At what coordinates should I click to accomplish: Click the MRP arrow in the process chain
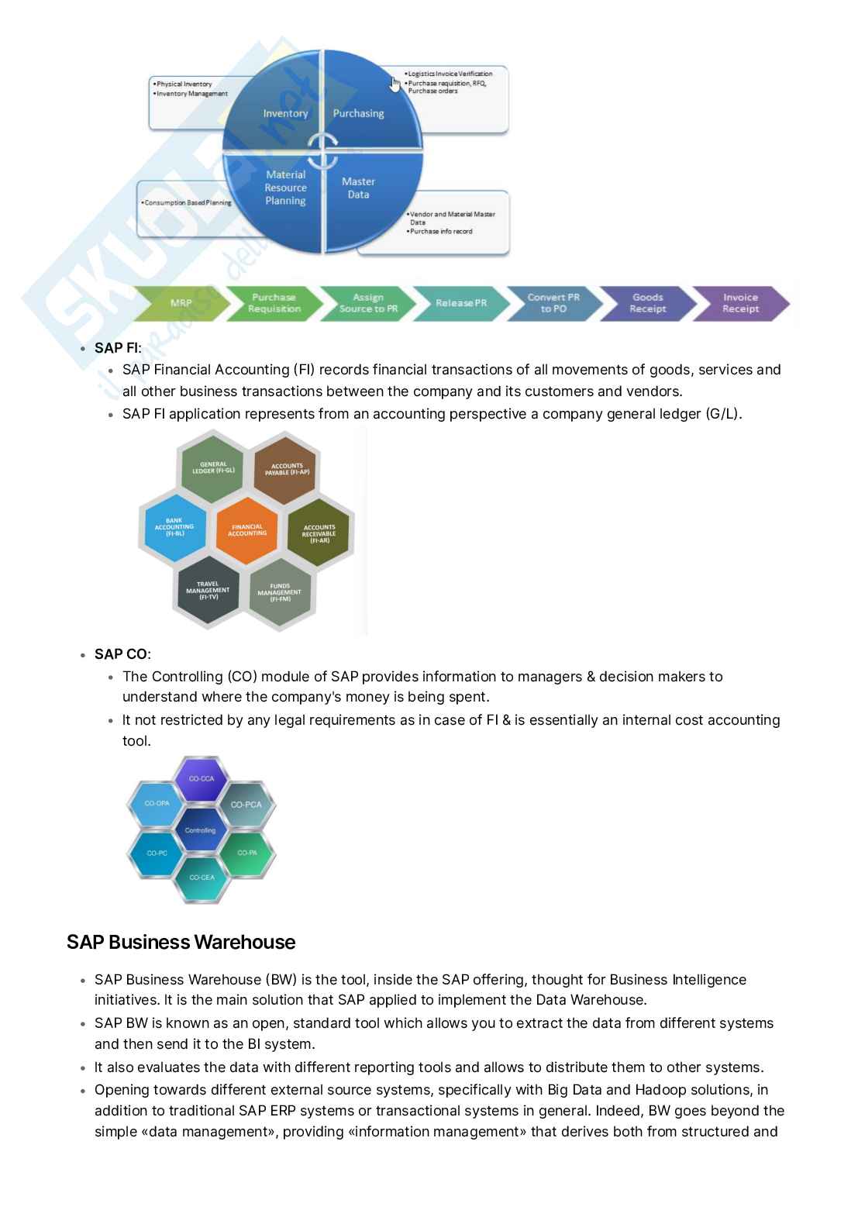pos(181,303)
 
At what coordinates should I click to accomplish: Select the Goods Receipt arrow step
pos(647,303)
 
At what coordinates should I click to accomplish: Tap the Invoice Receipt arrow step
pos(740,303)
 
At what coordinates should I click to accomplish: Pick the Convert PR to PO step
pos(553,303)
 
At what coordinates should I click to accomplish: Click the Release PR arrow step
pos(461,303)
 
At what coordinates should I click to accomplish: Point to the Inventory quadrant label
pos(285,113)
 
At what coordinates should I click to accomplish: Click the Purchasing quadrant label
pos(358,113)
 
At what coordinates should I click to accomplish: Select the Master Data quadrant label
pos(358,188)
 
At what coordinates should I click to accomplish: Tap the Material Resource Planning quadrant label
pos(285,188)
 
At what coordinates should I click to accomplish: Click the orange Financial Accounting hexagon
pos(247,530)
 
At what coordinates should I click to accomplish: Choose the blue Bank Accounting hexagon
pos(174,528)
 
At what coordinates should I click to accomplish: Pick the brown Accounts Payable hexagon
pos(287,469)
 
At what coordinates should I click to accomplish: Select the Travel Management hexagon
pos(208,591)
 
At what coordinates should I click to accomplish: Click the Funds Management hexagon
pos(280,593)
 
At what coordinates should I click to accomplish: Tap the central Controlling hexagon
pos(200,830)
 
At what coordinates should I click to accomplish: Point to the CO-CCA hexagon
pos(202,778)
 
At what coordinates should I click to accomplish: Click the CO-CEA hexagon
pos(202,877)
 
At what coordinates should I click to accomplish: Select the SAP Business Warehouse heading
pos(181,942)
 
